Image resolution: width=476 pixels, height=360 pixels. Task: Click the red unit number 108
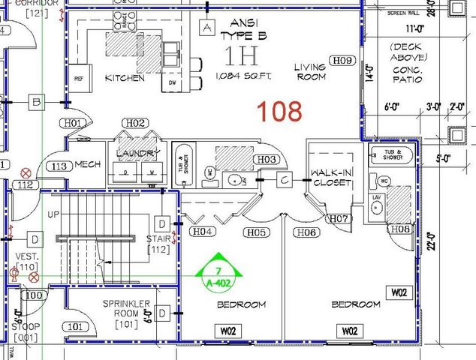(280, 111)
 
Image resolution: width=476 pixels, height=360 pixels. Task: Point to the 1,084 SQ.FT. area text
(240, 76)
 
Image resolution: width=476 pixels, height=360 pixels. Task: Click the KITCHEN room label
(125, 78)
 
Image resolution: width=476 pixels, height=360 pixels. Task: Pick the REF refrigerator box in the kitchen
(79, 78)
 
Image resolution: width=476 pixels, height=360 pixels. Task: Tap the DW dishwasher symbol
(172, 82)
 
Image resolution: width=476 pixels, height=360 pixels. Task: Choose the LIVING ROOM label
(309, 71)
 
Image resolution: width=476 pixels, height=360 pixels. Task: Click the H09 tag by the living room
(343, 60)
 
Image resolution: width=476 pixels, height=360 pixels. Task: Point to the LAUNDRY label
(138, 154)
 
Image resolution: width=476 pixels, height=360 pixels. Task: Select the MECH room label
(88, 164)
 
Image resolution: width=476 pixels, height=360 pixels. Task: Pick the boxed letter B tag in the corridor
(35, 101)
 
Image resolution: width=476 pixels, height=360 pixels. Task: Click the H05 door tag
(256, 232)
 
